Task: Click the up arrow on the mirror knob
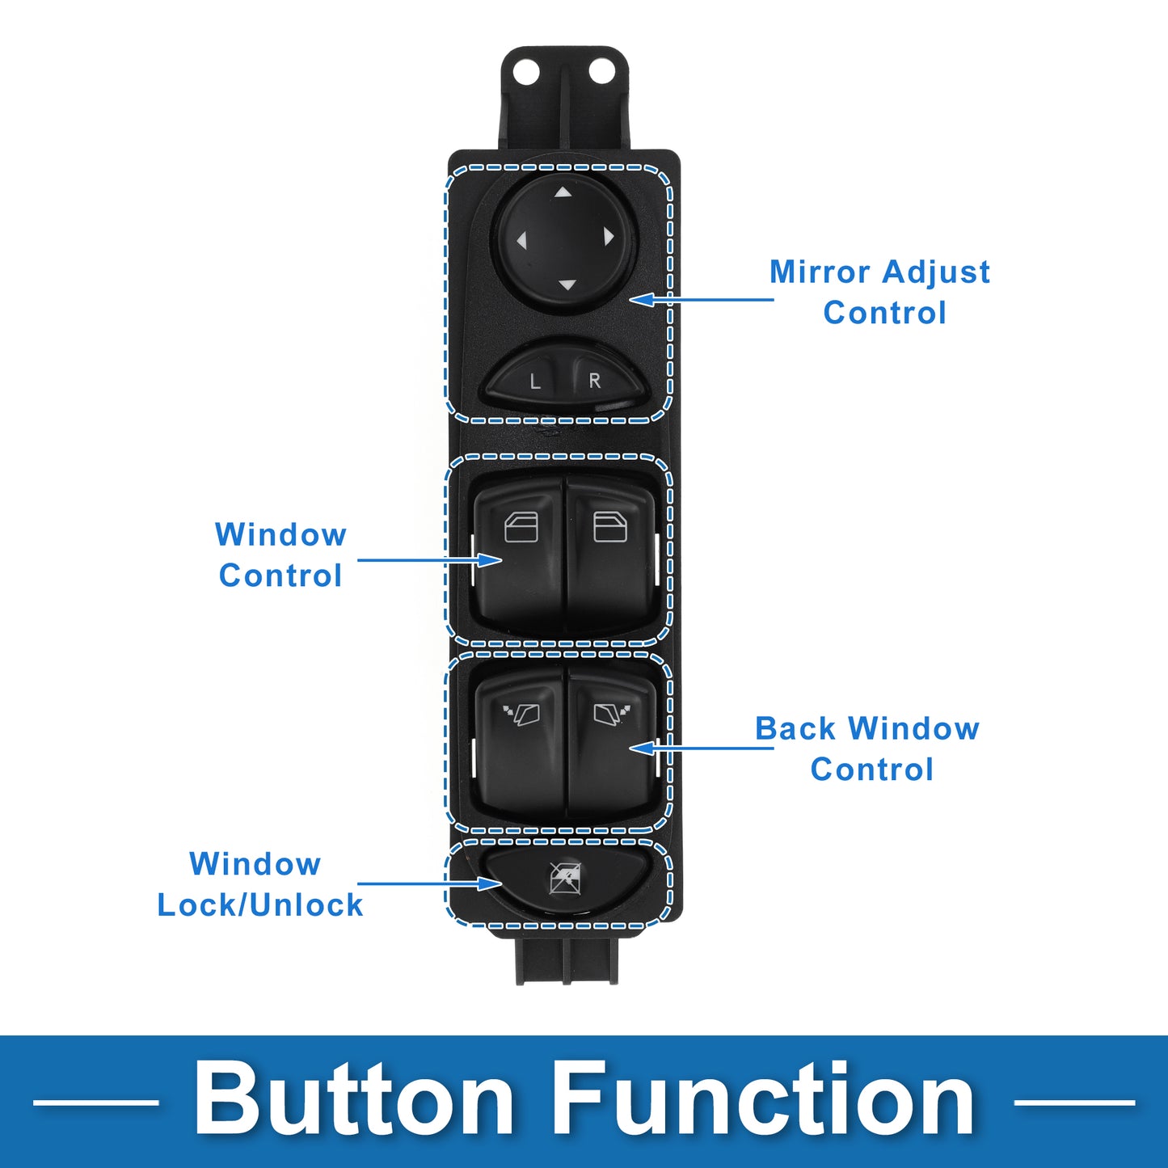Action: tap(563, 192)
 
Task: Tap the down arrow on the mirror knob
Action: tap(567, 285)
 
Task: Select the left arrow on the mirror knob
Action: tap(521, 241)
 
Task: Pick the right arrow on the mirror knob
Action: tap(609, 236)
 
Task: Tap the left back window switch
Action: tap(521, 740)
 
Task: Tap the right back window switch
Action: tap(612, 740)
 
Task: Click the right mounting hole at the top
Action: tap(601, 72)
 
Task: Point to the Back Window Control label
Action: tap(867, 749)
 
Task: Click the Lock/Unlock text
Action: tap(260, 905)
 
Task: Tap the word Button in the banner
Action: tap(353, 1099)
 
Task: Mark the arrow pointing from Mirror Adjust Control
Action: tap(702, 299)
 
